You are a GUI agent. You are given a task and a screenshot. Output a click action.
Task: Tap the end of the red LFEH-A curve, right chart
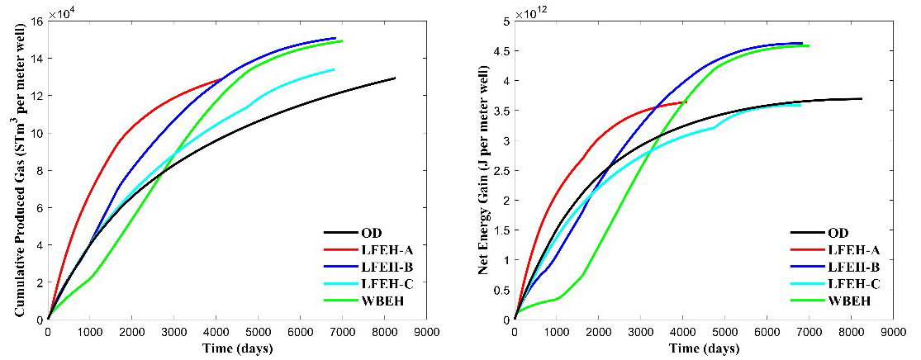pyautogui.click(x=686, y=102)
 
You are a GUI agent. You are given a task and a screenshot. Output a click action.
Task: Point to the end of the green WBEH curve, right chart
pyautogui.click(x=809, y=45)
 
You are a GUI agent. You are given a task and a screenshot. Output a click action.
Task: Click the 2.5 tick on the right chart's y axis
pyautogui.click(x=501, y=170)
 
